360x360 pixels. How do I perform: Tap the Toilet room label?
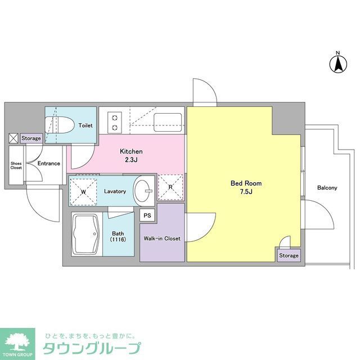(85, 125)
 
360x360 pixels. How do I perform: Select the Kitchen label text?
(131, 151)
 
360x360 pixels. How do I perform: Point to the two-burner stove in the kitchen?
(115, 122)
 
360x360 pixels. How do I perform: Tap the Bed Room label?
(246, 183)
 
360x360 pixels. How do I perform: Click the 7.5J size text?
(246, 192)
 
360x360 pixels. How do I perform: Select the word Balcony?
(327, 188)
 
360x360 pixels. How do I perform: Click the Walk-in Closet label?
(163, 238)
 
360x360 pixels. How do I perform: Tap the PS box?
(147, 214)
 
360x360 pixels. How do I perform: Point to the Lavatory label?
(115, 191)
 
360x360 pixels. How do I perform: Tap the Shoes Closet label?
(16, 165)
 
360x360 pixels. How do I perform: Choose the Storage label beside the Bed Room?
(289, 256)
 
